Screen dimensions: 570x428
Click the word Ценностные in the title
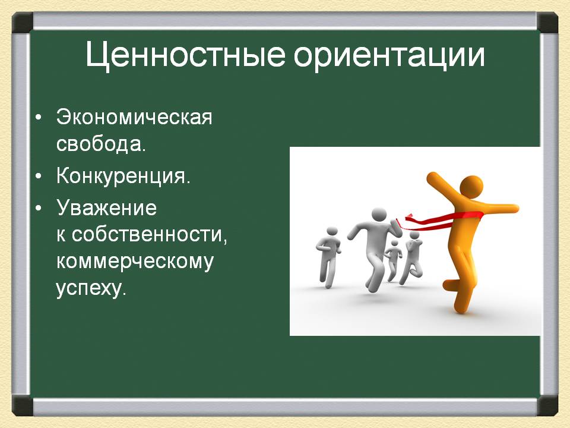coord(185,55)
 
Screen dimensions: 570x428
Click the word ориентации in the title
coord(389,55)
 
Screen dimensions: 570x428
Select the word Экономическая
coord(134,117)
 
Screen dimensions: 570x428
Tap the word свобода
coord(101,144)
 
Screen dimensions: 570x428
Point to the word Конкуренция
coord(123,176)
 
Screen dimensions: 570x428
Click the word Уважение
coord(106,208)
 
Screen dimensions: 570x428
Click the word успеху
coord(91,289)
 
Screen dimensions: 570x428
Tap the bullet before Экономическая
coord(39,118)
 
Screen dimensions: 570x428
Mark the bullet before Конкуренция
coord(39,177)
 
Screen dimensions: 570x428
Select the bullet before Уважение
coord(39,209)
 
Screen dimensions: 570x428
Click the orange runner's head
coord(471,187)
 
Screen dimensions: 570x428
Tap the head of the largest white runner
coord(378,215)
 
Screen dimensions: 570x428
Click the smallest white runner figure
coord(394,259)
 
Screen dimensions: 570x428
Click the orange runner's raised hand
coord(432,177)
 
